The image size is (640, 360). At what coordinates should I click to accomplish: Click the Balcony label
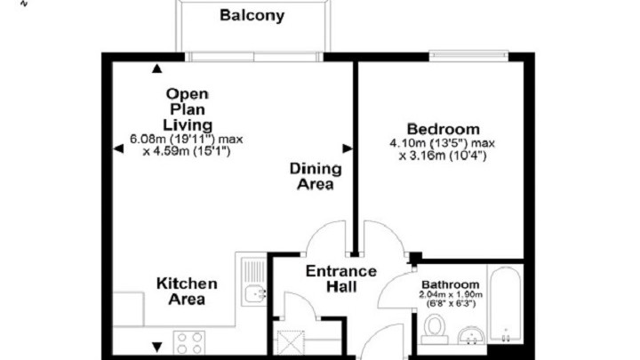[x=252, y=15]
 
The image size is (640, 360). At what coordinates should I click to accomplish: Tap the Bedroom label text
[x=444, y=129]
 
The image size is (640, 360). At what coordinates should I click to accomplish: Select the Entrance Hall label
[x=341, y=279]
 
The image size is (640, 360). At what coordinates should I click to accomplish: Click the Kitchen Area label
[x=187, y=292]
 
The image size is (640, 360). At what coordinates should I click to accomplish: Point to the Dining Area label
[x=316, y=176]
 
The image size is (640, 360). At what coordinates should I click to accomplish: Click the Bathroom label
[x=451, y=284]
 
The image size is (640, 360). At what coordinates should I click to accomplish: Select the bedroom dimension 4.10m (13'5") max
[x=443, y=143]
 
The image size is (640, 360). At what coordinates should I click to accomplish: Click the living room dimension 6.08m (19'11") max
[x=187, y=140]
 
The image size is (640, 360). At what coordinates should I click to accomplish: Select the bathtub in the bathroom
[x=505, y=304]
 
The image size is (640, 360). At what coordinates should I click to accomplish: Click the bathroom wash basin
[x=471, y=335]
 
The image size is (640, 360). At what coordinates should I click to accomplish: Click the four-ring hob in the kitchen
[x=189, y=342]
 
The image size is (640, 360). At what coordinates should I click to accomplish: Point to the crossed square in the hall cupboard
[x=291, y=343]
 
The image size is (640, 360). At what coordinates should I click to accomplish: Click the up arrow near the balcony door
[x=156, y=68]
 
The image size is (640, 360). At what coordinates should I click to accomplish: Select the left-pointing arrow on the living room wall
[x=118, y=148]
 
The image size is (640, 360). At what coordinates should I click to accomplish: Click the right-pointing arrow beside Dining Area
[x=348, y=148]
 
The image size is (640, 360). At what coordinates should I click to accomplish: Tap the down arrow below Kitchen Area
[x=156, y=347]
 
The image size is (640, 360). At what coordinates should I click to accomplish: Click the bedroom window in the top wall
[x=468, y=56]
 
